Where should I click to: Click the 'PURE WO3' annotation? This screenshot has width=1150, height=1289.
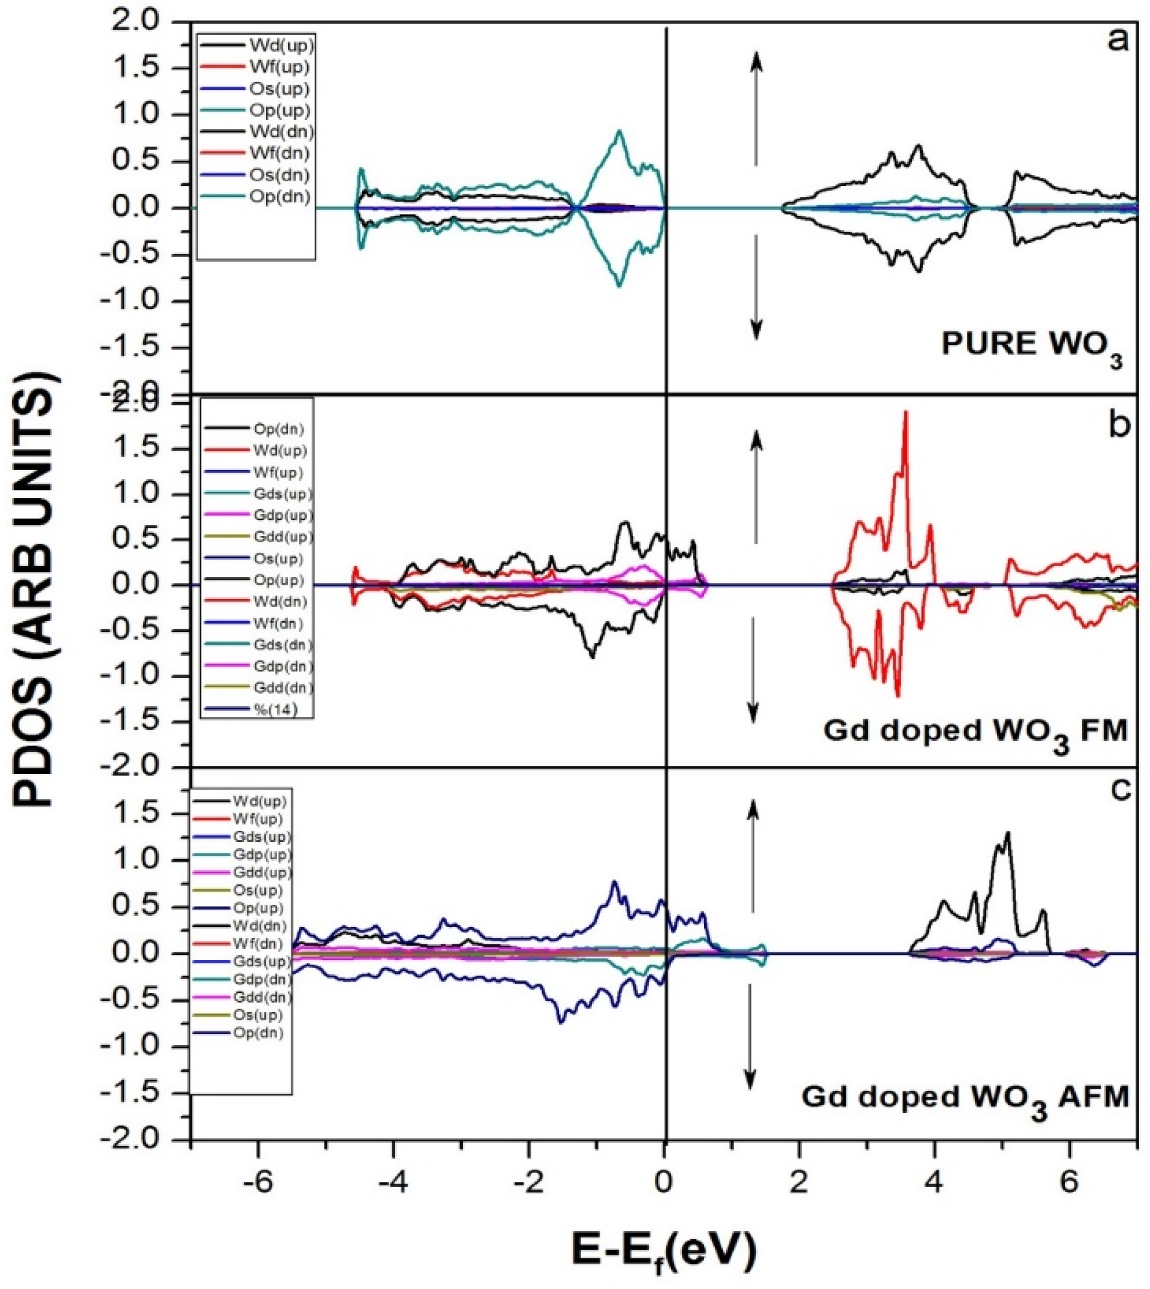click(x=1032, y=347)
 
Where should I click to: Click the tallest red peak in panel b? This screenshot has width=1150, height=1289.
click(x=906, y=412)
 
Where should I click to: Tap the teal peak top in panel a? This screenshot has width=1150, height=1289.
click(x=620, y=132)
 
